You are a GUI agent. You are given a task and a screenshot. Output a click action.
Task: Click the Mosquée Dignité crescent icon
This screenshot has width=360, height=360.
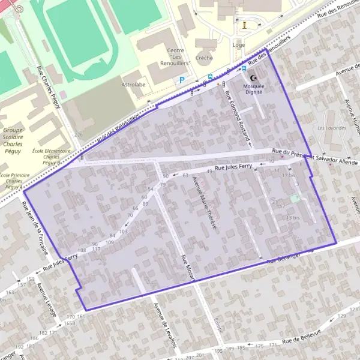click(x=253, y=79)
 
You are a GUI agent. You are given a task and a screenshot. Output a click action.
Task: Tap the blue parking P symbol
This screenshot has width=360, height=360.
click(x=182, y=80)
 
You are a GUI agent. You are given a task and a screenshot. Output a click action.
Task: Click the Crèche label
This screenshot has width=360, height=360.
click(x=205, y=58)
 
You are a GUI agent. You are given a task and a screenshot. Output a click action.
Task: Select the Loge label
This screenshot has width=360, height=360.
click(x=239, y=44)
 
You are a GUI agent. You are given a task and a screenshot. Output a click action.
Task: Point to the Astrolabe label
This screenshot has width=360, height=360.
click(x=134, y=85)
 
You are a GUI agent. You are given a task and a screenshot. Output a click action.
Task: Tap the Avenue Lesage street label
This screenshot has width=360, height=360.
click(x=46, y=299)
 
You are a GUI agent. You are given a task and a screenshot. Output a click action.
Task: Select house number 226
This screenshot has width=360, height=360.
click(x=78, y=134)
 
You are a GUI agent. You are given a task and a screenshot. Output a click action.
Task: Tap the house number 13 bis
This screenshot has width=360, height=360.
click(x=292, y=217)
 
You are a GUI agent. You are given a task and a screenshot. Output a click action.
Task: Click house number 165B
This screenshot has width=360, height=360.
click(x=70, y=323)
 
